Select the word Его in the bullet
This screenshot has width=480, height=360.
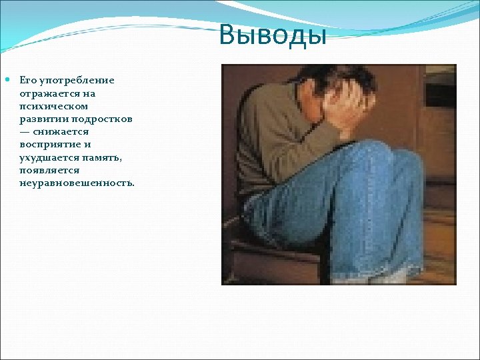coord(29,81)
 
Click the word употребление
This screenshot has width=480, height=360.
coord(77,81)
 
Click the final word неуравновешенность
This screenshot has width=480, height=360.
coord(77,182)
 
